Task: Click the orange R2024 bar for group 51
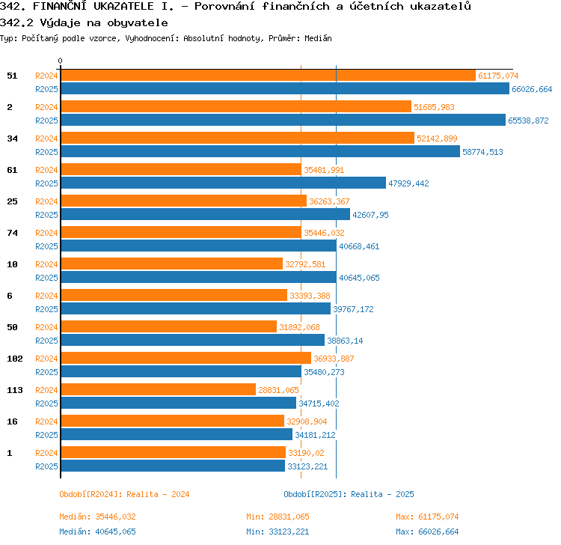269,75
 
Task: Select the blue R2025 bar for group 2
283,120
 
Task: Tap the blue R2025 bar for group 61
224,183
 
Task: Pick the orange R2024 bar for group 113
159,389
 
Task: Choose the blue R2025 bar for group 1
174,466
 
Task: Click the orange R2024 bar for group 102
186,358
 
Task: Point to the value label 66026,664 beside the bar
532,89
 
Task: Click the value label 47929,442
408,183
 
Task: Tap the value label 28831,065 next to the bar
278,390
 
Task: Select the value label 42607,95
370,215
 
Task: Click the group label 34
12,138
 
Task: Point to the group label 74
12,233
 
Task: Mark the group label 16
12,421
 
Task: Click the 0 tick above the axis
60,61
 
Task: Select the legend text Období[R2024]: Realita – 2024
124,494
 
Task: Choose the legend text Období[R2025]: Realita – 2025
349,494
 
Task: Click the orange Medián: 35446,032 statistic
98,517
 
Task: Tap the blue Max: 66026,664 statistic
427,532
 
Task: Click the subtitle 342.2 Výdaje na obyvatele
84,23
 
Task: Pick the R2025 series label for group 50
46,341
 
